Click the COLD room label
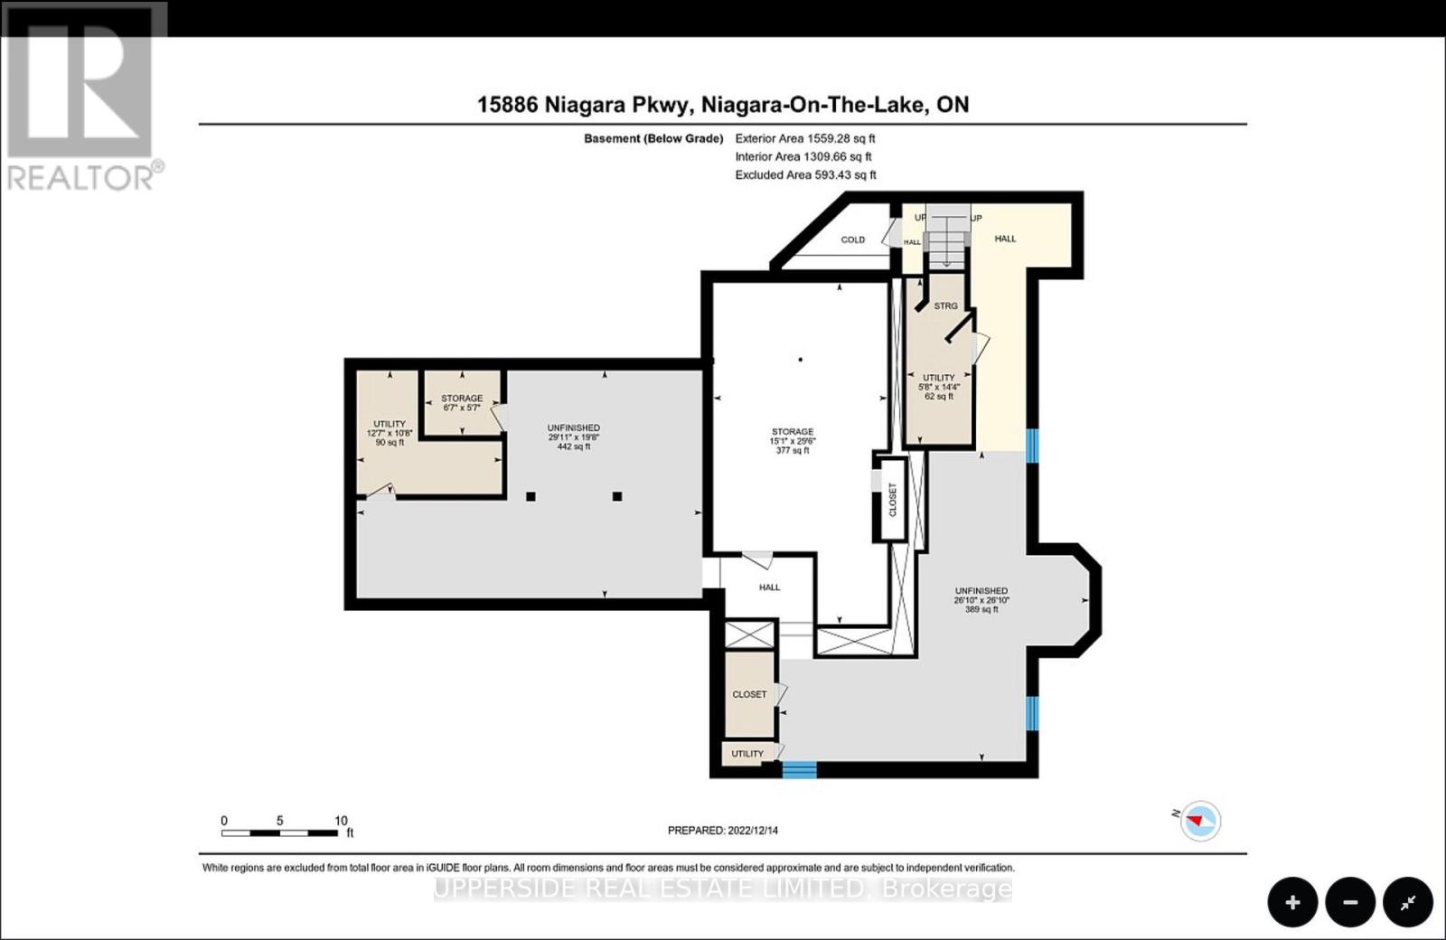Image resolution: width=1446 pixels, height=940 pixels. (852, 240)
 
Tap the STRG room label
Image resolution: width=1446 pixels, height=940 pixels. (945, 305)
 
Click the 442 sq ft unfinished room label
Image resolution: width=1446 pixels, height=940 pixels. (573, 437)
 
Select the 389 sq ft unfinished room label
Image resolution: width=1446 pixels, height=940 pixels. (981, 599)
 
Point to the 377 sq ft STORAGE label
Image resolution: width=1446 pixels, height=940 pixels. (792, 440)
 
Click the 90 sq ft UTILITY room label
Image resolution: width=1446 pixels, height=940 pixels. (390, 432)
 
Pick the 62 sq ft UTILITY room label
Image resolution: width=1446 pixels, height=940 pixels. (939, 387)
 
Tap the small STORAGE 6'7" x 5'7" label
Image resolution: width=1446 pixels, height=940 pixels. (461, 402)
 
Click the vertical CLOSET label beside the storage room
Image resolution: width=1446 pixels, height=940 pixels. (893, 499)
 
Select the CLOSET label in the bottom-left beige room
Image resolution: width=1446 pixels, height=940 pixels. (749, 694)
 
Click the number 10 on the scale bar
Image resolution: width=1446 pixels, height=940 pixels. (341, 821)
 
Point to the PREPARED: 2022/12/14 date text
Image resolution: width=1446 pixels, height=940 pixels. (722, 830)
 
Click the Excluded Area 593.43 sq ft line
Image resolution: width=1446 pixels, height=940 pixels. (805, 174)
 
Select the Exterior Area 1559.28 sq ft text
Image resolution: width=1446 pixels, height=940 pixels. (805, 138)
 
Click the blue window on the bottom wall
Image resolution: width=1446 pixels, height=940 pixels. (799, 770)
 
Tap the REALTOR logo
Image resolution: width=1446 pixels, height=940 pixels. (83, 97)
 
